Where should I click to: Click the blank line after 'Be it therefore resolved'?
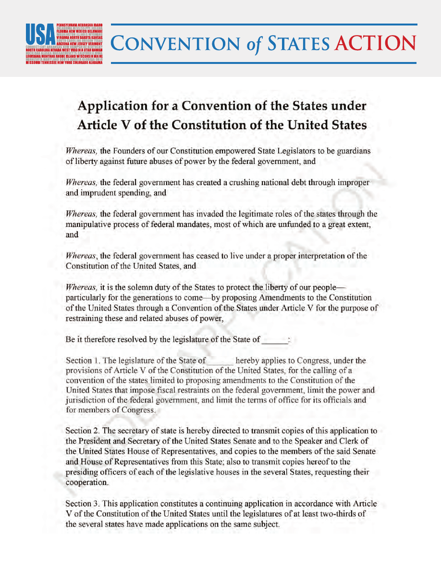pyautogui.click(x=275, y=340)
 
